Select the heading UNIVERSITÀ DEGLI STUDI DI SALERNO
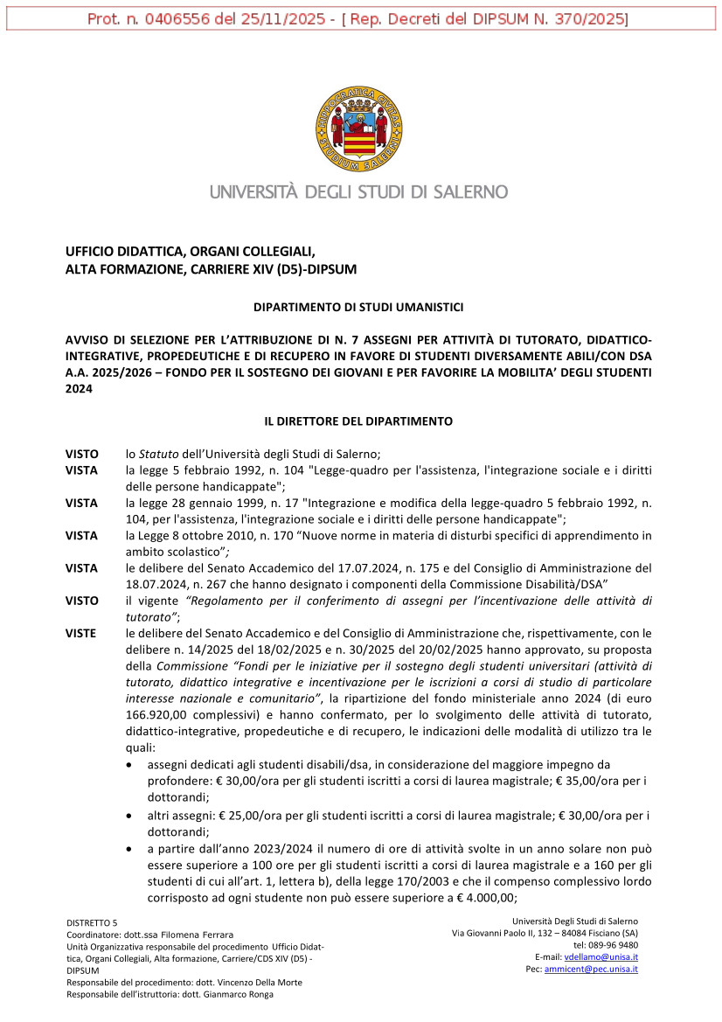coord(358,191)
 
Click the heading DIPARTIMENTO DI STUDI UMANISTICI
coord(358,308)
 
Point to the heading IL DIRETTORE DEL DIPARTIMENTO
coord(358,421)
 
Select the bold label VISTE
coord(81,632)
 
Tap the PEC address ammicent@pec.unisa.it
coord(591,970)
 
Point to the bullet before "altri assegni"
coord(130,816)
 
